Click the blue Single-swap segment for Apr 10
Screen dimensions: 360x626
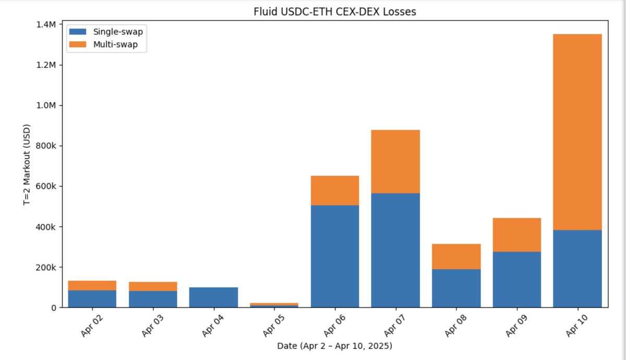point(577,269)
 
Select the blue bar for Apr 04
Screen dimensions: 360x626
point(213,297)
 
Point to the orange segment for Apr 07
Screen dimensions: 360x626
point(395,161)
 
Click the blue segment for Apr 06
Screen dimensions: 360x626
point(335,256)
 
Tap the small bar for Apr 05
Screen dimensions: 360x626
point(274,305)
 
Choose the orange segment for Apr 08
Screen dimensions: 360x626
point(456,256)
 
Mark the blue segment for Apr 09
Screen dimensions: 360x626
point(517,280)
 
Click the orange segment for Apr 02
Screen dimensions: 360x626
point(92,285)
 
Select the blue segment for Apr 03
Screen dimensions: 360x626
point(153,299)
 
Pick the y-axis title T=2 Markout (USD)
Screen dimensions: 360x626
point(27,164)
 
